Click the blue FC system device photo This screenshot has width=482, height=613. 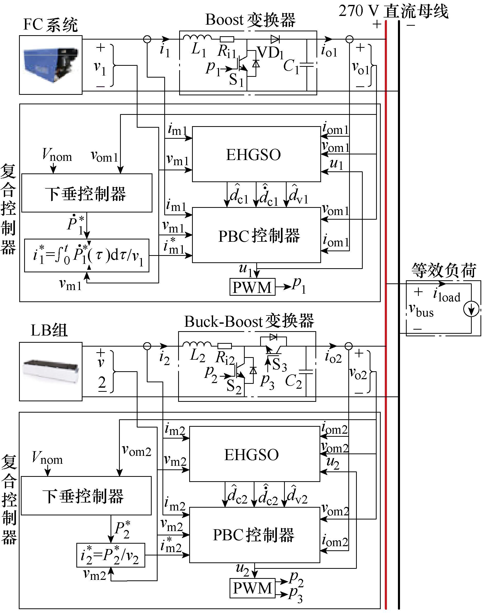click(51, 64)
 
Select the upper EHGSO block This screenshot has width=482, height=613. click(256, 154)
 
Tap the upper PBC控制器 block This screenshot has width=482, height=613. click(256, 235)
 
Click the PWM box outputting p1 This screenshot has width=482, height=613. click(252, 287)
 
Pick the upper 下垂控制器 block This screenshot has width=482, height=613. click(87, 193)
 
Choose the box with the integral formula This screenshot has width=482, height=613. click(87, 255)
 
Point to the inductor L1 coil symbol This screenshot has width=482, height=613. click(197, 38)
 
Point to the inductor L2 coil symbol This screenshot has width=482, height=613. click(197, 344)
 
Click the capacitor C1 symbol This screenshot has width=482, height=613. click(307, 65)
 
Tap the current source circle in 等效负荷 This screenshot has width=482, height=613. click(471, 309)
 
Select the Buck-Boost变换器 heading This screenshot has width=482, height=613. click(249, 321)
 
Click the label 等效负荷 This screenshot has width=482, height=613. click(443, 271)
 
